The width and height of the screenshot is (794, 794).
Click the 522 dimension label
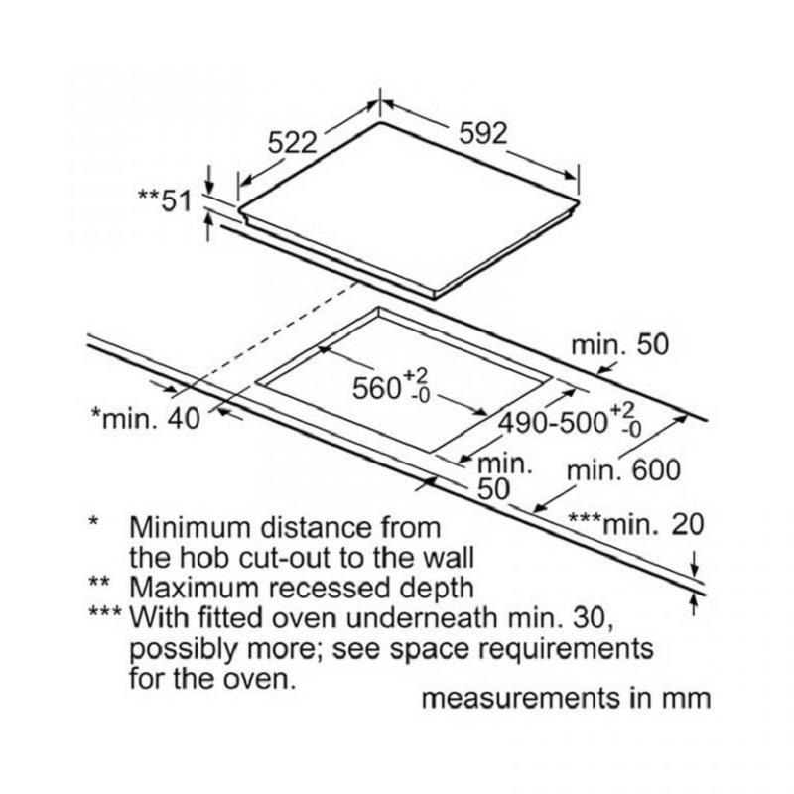click(x=292, y=142)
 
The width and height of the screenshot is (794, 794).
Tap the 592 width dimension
click(x=482, y=133)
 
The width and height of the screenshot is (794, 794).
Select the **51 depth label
click(x=165, y=200)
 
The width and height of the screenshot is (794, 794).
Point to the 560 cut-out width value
click(x=376, y=389)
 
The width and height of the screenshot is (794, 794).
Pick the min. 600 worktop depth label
click(x=623, y=470)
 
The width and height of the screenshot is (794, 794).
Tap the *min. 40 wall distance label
click(x=145, y=418)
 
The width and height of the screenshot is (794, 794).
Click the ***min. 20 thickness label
click(x=636, y=524)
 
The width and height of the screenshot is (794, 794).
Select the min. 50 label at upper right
click(x=619, y=344)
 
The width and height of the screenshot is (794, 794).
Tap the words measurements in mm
click(x=566, y=698)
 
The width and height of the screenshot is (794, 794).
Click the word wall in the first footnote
click(x=449, y=557)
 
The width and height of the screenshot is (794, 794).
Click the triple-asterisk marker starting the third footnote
click(x=105, y=612)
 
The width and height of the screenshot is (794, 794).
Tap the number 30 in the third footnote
click(x=593, y=618)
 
